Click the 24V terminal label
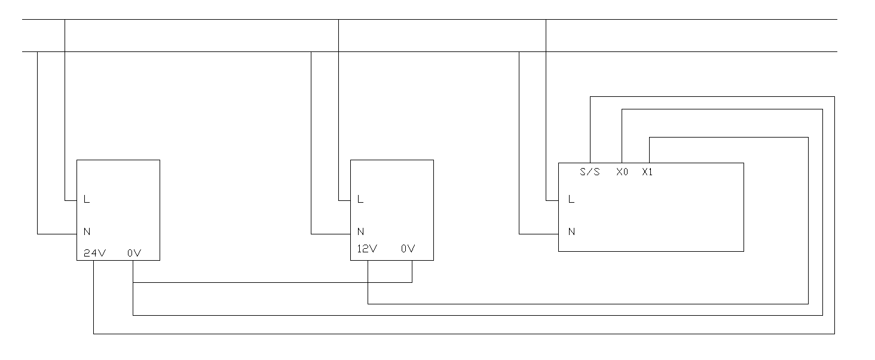[94, 253]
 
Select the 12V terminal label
[367, 249]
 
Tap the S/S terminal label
[590, 172]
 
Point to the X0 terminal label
[622, 172]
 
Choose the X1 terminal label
[648, 172]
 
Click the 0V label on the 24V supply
[133, 253]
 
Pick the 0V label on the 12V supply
[408, 249]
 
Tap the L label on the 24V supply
[87, 200]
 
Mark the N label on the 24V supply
[87, 231]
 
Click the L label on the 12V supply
[360, 200]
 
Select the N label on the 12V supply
[360, 231]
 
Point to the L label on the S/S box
[571, 200]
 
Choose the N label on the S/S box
[571, 231]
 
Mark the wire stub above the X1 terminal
[649, 151]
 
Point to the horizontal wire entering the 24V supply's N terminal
[57, 234]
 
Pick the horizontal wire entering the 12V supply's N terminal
[331, 233]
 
